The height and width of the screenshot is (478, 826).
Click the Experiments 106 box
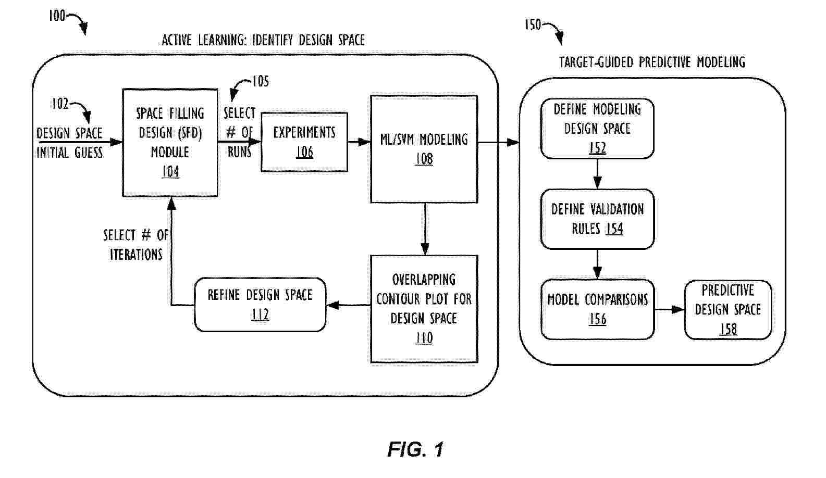[304, 142]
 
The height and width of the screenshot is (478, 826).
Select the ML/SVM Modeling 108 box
[424, 149]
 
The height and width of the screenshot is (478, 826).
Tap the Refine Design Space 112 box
[260, 305]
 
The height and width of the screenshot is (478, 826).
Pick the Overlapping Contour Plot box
[424, 309]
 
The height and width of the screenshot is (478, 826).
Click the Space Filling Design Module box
[170, 142]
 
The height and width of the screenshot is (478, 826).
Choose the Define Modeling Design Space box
[597, 128]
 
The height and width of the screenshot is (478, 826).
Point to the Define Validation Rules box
[597, 219]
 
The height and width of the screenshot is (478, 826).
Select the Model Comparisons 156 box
[597, 309]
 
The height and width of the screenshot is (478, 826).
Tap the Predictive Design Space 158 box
[728, 310]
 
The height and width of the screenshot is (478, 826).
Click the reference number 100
[57, 16]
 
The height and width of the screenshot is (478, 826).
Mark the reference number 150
[533, 24]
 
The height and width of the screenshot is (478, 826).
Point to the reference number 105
[261, 81]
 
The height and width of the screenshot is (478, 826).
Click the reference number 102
[60, 104]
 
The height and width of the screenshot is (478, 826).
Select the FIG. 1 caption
[415, 449]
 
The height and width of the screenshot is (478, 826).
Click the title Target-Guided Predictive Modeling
[652, 62]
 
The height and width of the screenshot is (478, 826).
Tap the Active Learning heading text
[263, 40]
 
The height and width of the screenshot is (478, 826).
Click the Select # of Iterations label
[135, 245]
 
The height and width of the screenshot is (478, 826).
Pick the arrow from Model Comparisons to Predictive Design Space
[669, 310]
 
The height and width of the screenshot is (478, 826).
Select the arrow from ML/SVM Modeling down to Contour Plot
[425, 229]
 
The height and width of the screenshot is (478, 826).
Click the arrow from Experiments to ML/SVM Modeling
[359, 142]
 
